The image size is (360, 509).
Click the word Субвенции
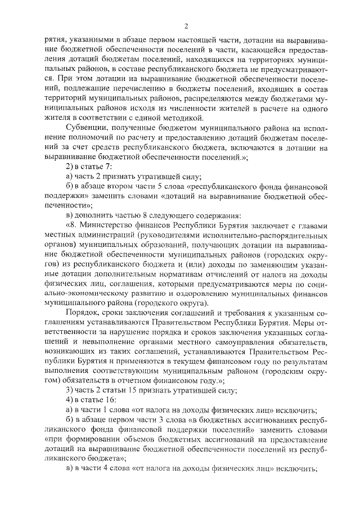click(x=85, y=129)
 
